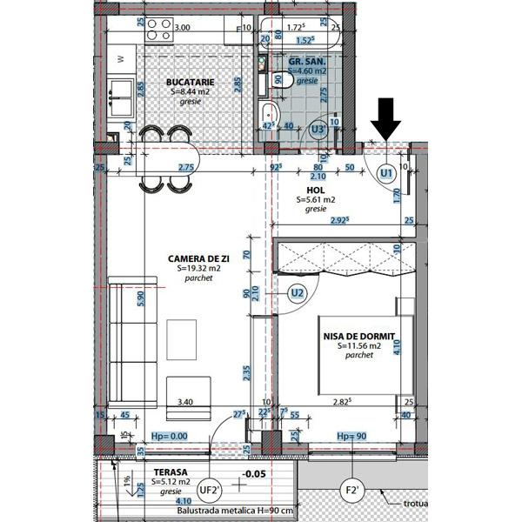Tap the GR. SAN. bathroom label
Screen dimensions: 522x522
(x=306, y=64)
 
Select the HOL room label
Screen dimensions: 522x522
(x=315, y=190)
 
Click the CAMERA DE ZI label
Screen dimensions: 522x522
(x=198, y=258)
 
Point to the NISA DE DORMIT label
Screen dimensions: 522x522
(x=359, y=336)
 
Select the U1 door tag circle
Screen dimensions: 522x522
(x=386, y=174)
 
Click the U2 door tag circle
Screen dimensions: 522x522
(x=298, y=292)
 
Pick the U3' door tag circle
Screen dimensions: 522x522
(x=319, y=129)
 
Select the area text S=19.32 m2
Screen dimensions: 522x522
(x=198, y=269)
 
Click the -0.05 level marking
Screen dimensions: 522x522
(x=253, y=474)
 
